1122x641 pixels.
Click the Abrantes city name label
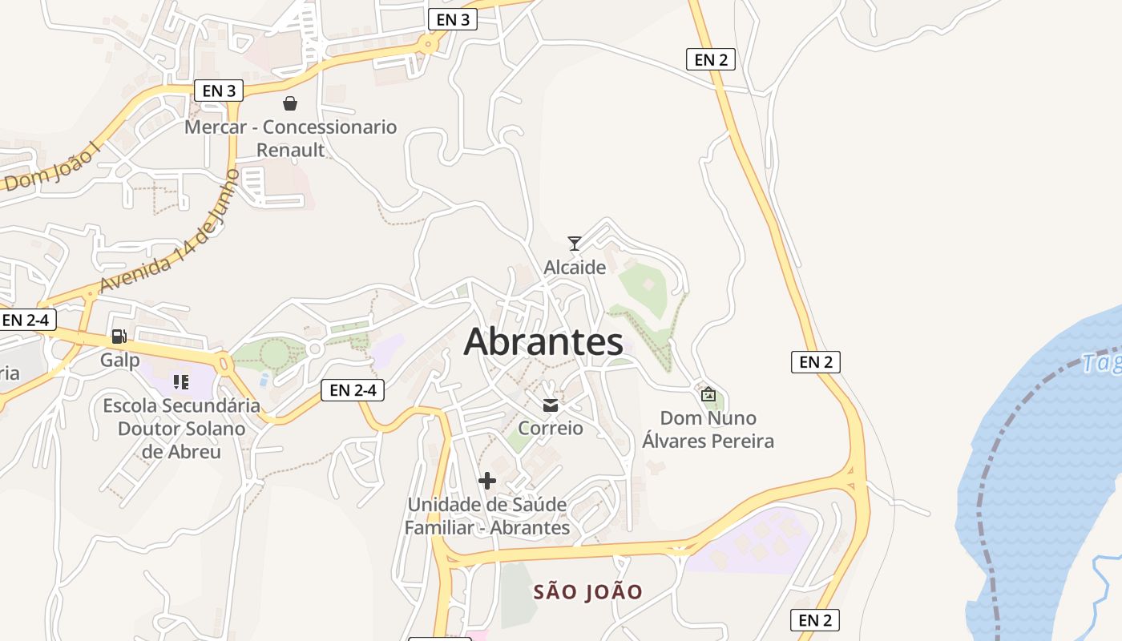point(543,342)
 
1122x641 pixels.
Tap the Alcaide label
point(575,268)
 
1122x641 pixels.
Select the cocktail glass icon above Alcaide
point(575,243)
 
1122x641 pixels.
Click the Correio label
point(551,428)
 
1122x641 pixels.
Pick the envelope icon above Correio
point(551,405)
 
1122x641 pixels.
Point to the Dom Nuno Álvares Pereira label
point(708,429)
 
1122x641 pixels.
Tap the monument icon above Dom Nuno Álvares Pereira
point(708,393)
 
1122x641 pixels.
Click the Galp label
point(119,360)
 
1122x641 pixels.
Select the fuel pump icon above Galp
point(119,337)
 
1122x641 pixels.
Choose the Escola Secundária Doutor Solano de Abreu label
point(182,429)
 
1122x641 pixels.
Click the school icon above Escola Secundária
point(181,382)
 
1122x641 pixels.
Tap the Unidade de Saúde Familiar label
point(487,516)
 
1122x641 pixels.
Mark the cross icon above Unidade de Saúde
point(486,481)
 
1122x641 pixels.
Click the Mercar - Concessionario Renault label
point(291,139)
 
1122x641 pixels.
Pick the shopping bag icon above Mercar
point(290,103)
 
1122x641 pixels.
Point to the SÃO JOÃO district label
point(588,592)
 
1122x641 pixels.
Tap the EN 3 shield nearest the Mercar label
point(219,91)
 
